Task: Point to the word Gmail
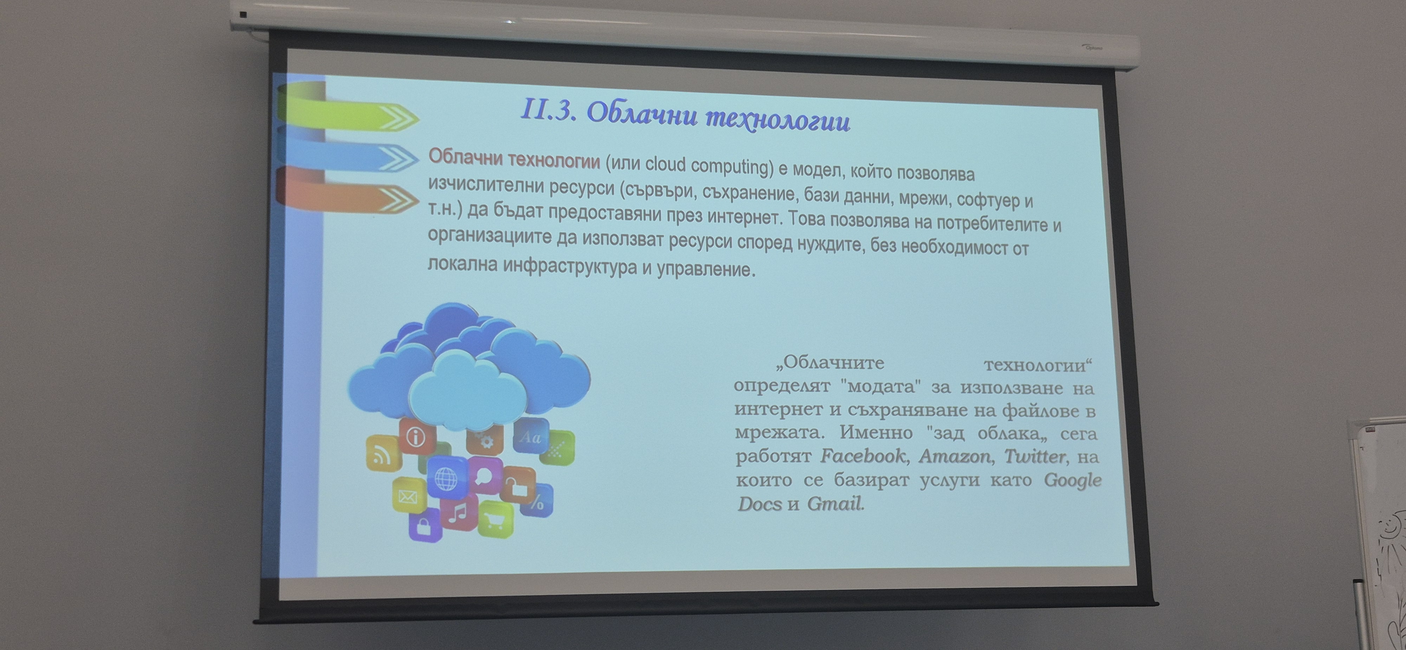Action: click(x=835, y=503)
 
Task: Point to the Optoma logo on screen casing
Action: click(x=1093, y=48)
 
